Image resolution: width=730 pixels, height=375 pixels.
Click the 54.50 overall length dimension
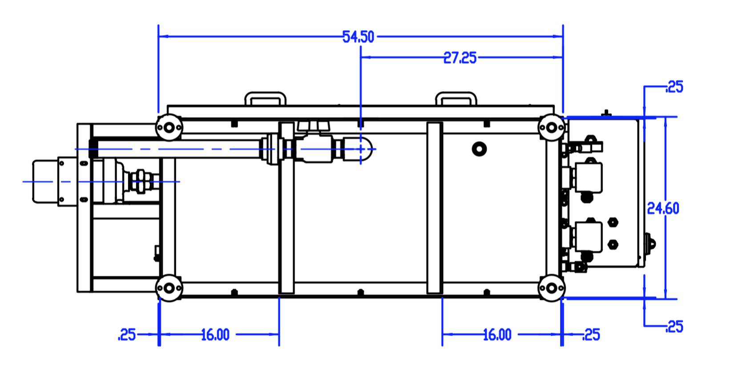click(358, 36)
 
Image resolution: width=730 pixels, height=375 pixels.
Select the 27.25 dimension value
click(460, 58)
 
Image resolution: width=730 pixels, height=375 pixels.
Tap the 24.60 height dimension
click(662, 208)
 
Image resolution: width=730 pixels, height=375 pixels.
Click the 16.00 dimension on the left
click(215, 335)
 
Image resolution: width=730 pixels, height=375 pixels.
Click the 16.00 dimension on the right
click(497, 335)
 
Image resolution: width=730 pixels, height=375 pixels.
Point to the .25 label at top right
click(674, 87)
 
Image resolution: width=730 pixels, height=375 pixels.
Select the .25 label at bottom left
click(127, 335)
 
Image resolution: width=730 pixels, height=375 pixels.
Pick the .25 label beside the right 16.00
click(591, 335)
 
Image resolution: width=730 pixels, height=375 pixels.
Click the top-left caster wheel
click(169, 128)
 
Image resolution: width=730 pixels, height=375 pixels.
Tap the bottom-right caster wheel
click(551, 288)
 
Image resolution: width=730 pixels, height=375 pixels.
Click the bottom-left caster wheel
click(169, 288)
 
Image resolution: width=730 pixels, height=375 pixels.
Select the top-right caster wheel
click(551, 128)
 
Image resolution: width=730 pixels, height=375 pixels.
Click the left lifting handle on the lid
click(265, 98)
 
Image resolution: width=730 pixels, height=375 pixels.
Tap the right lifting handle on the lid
click(456, 98)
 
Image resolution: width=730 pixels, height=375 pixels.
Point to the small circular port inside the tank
click(479, 149)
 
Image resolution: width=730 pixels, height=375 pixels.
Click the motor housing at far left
click(44, 181)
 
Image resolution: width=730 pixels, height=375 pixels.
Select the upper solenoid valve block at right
click(589, 177)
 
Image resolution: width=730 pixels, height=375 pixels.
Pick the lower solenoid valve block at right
click(589, 237)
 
